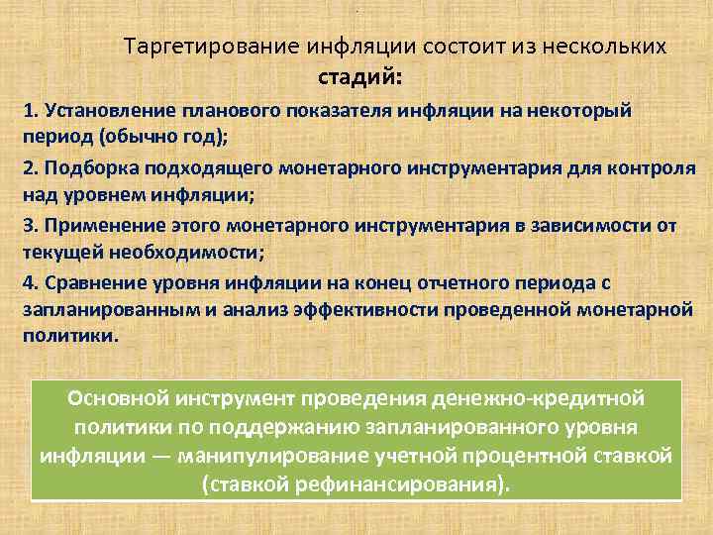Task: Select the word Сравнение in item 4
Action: pos(89,283)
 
